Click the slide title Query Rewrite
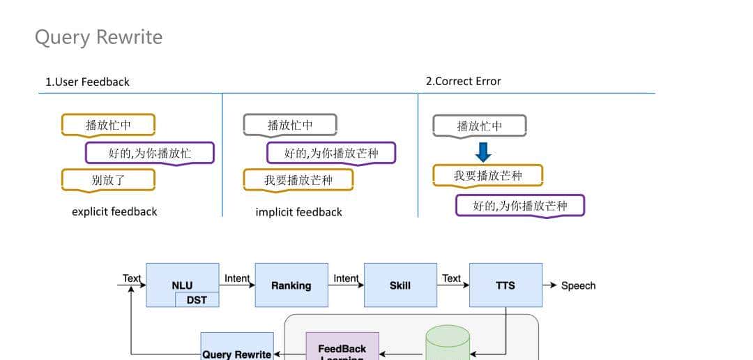point(98,37)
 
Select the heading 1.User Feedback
point(88,82)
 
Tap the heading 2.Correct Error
point(463,81)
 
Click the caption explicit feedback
point(114,211)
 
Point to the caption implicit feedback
point(298,212)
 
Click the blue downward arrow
point(482,151)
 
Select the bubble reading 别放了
point(108,180)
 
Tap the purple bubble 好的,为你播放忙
point(149,153)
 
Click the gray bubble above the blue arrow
point(479,126)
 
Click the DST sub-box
point(197,299)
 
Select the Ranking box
point(291,285)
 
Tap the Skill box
point(400,285)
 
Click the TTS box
point(505,285)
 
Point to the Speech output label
point(578,285)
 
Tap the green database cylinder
point(448,344)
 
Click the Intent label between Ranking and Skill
point(346,278)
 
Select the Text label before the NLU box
point(131,278)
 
